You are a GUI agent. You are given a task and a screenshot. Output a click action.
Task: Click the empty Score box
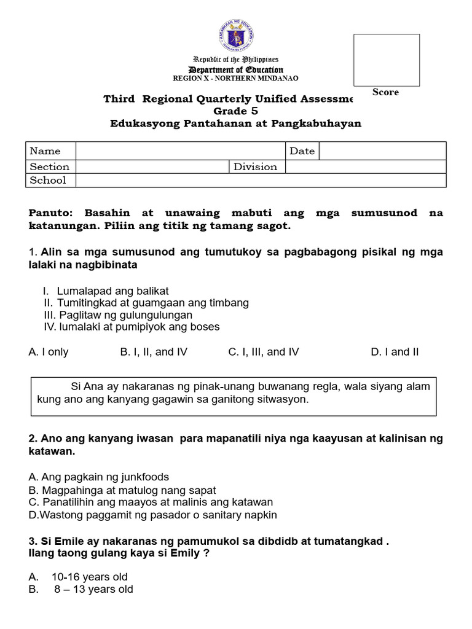(x=386, y=60)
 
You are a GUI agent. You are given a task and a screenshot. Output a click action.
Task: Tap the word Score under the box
(x=385, y=92)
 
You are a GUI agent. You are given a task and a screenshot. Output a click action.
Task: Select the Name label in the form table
(x=45, y=151)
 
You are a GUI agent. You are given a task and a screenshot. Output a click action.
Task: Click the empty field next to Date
(x=382, y=151)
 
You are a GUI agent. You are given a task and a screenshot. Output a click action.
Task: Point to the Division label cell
(x=255, y=166)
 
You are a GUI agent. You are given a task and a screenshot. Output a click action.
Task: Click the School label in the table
(x=48, y=180)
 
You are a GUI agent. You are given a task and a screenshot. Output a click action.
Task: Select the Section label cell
(x=50, y=166)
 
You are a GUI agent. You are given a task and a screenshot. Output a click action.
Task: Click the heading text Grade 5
(x=235, y=111)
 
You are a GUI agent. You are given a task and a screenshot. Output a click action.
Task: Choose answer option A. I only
(x=49, y=352)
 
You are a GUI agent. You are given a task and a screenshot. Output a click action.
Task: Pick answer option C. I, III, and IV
(x=264, y=352)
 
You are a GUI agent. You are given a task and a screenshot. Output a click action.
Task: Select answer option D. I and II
(x=395, y=352)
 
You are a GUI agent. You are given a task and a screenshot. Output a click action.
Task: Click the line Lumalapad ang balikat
(x=112, y=291)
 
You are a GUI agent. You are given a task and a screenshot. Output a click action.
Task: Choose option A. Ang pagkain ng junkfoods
(x=99, y=477)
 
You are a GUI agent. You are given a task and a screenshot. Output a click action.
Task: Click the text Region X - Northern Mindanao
(x=236, y=79)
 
